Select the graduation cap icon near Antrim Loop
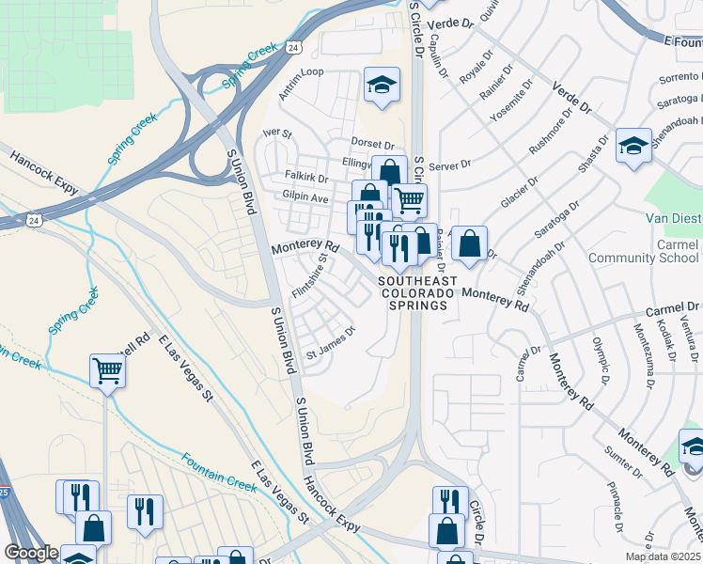[x=382, y=85]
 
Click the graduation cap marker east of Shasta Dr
[x=634, y=146]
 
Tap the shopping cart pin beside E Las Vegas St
[x=108, y=372]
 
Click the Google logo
[x=31, y=553]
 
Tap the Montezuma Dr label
[x=643, y=357]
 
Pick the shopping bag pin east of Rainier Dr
[x=469, y=243]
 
